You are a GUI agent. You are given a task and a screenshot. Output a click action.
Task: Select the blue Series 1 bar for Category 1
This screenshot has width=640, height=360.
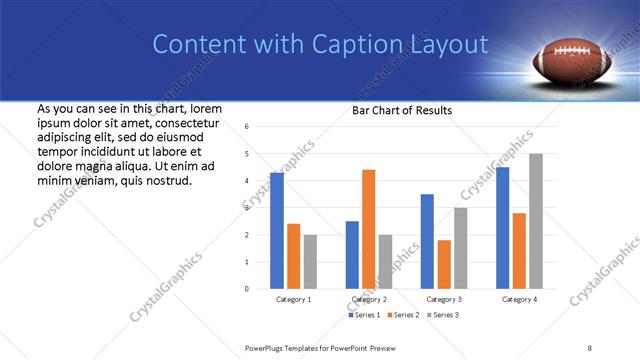(x=276, y=230)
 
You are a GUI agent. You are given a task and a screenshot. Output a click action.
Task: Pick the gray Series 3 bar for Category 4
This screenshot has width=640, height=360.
(x=536, y=220)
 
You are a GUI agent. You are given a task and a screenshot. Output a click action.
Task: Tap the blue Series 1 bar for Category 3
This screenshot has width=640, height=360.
(x=427, y=241)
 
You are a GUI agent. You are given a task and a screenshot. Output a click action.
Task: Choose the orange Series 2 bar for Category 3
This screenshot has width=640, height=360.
(x=444, y=264)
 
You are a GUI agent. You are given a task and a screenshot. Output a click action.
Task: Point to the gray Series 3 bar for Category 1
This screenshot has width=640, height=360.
(x=310, y=261)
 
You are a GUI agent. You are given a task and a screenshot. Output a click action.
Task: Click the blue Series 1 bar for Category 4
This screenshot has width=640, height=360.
(x=502, y=227)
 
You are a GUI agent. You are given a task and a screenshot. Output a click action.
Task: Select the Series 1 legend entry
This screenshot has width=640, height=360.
(x=364, y=315)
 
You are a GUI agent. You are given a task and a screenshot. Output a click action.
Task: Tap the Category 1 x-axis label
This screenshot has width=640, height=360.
(x=293, y=299)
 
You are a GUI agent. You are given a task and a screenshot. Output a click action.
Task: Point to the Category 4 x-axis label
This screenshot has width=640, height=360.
(x=519, y=299)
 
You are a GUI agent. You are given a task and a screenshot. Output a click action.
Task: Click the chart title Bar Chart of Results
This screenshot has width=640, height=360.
(x=401, y=110)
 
